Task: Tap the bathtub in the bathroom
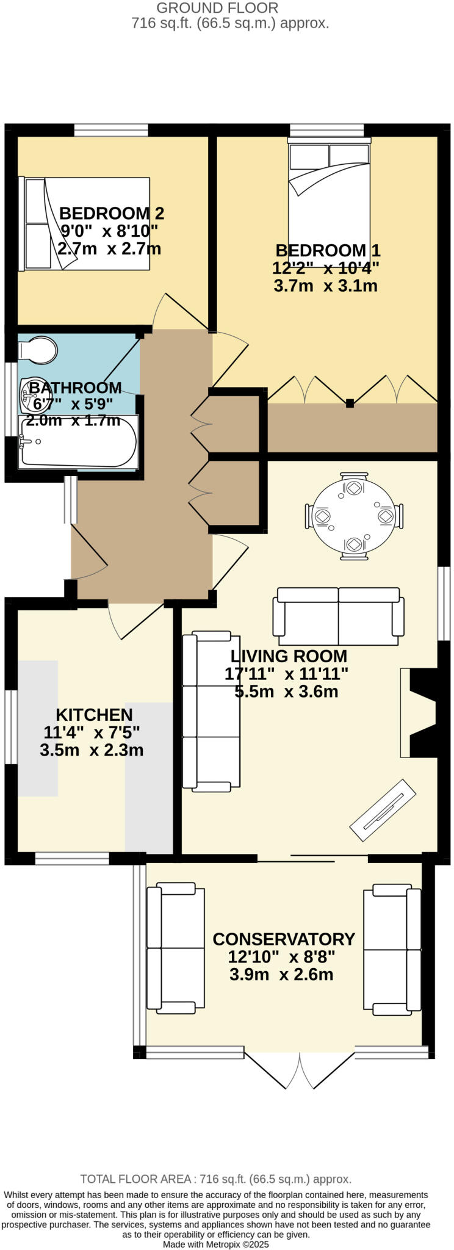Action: tap(78, 441)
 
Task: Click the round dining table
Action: tap(355, 516)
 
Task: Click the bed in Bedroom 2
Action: tap(85, 223)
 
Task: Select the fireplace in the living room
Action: tap(421, 713)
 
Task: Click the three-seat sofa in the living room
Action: tap(211, 712)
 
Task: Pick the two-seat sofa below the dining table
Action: tap(339, 616)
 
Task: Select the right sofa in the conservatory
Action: tap(392, 949)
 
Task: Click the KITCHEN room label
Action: tap(94, 715)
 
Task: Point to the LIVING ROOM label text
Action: tap(289, 656)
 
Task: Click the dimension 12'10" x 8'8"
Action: tap(281, 956)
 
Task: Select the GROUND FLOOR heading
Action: tap(217, 8)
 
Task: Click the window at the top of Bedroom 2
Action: tap(111, 130)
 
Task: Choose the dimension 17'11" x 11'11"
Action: tap(286, 674)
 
